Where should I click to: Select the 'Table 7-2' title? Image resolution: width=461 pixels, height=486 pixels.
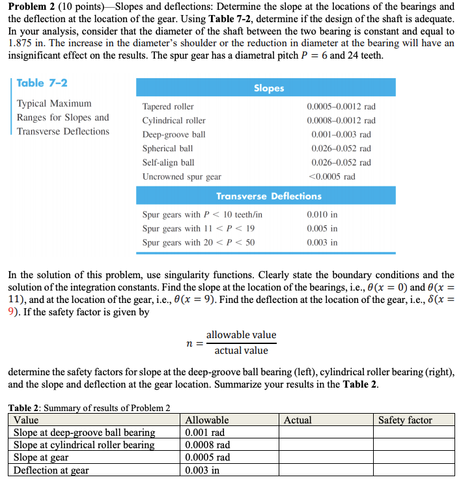[42, 83]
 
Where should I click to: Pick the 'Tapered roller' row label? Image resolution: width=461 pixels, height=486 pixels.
[168, 106]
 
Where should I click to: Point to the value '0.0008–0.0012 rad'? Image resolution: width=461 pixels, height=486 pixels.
[341, 121]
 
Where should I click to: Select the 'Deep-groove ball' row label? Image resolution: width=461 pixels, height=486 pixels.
[174, 135]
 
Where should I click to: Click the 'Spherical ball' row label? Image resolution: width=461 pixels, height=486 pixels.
[167, 149]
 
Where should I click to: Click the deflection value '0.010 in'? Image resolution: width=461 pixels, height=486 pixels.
[322, 214]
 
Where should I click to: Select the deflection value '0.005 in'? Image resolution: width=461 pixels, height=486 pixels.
[322, 229]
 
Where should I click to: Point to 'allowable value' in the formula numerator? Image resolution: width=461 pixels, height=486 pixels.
[242, 335]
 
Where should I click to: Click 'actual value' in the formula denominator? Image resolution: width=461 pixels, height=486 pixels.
[242, 350]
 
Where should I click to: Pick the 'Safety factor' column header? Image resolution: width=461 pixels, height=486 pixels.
[405, 420]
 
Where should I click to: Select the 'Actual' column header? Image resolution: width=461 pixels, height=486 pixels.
[298, 420]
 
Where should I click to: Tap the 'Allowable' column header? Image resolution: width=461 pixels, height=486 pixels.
[207, 420]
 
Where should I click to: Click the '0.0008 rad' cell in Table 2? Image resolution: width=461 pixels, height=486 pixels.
[208, 445]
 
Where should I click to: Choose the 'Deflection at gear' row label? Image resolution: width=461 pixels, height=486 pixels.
[51, 470]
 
